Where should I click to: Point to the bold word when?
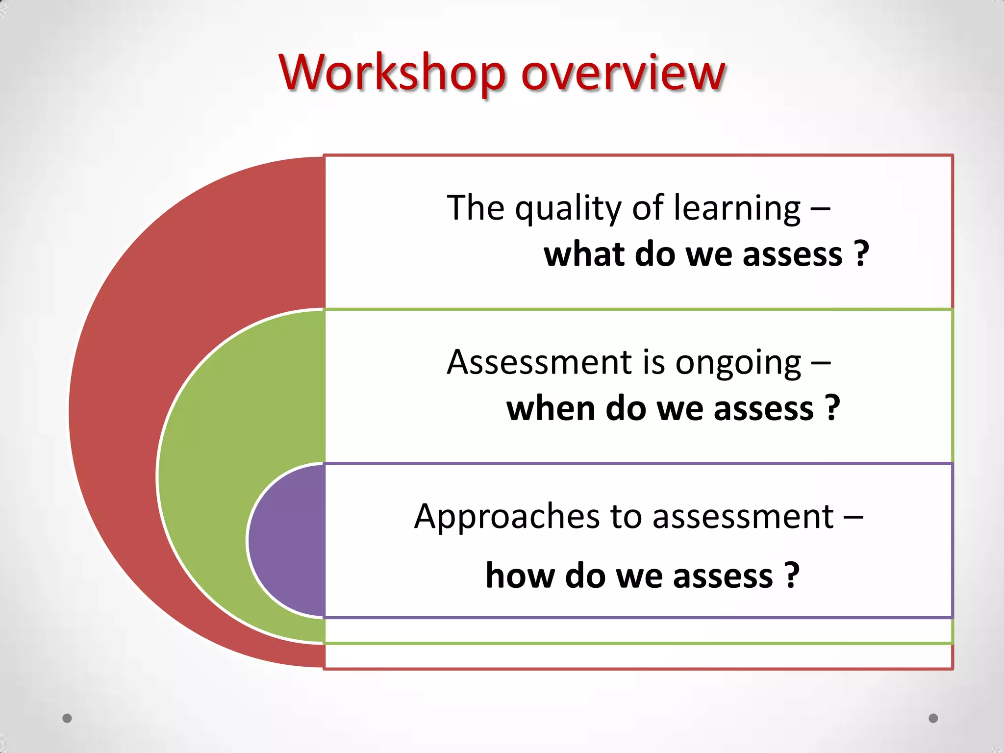click(551, 408)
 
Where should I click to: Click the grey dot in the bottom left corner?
click(67, 718)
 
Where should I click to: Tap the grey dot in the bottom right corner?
click(933, 718)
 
